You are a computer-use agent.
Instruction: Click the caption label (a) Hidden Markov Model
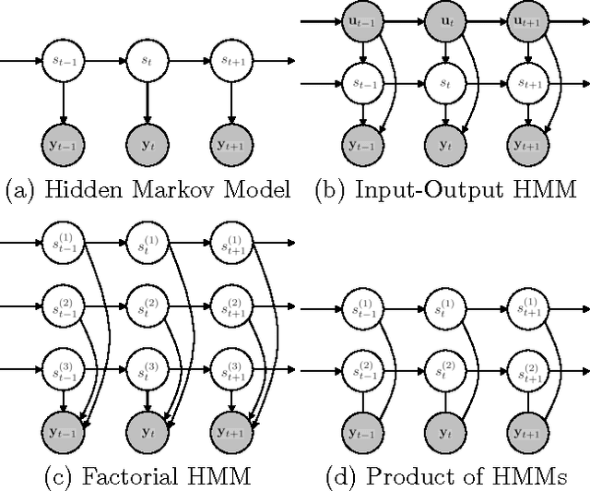pos(147,191)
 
